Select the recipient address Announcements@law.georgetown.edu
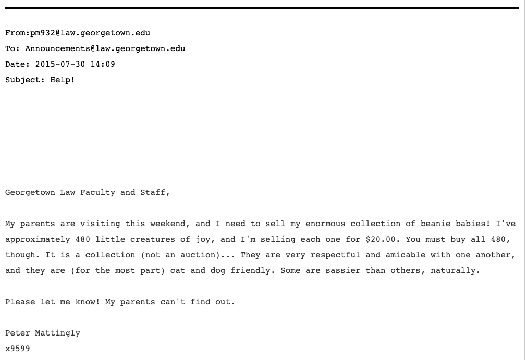(105, 49)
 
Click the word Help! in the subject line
(63, 80)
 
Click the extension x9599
(18, 349)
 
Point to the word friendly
(255, 271)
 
